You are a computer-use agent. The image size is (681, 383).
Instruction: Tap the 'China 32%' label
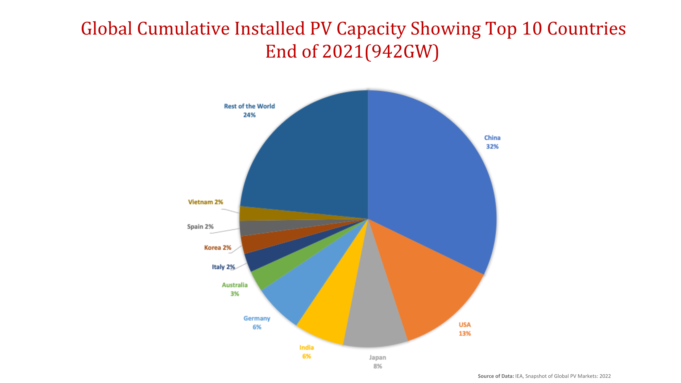click(492, 142)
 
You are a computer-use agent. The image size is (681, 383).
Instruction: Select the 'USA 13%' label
click(464, 329)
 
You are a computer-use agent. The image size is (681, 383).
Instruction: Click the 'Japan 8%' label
click(377, 362)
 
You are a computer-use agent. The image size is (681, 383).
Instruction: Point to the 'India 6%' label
click(306, 352)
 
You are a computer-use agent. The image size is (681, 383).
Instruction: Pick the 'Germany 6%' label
click(257, 323)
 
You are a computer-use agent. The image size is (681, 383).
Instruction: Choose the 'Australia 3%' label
click(235, 289)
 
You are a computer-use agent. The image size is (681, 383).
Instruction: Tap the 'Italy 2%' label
click(223, 267)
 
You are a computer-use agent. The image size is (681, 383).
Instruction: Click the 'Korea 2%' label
click(218, 248)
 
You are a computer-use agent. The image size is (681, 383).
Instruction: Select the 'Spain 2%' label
click(200, 227)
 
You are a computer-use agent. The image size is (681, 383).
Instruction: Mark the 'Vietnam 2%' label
click(205, 202)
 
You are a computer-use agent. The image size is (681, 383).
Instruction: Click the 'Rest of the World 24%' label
click(249, 110)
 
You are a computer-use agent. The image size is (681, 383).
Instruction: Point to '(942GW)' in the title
click(402, 52)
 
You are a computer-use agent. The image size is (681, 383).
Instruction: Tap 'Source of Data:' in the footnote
click(496, 376)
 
